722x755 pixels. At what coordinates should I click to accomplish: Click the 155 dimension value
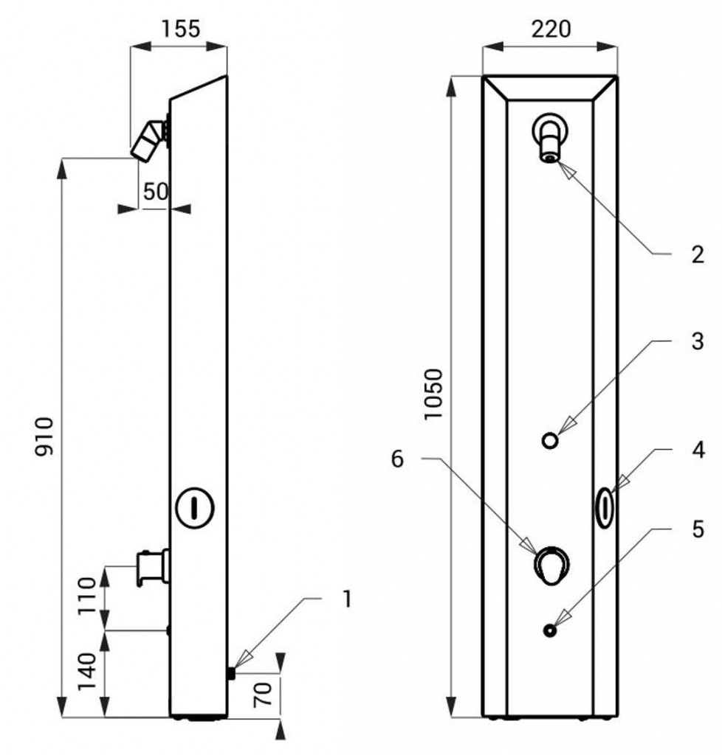(x=180, y=29)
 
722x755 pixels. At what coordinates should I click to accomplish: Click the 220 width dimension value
(x=551, y=29)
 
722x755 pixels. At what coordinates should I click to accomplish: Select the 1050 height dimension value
(x=433, y=394)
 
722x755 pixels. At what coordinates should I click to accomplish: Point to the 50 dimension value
(x=156, y=192)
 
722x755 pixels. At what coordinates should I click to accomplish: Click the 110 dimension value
(x=88, y=595)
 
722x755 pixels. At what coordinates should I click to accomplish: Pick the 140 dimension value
(x=87, y=671)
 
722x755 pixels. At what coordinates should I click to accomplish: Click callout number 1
(x=346, y=599)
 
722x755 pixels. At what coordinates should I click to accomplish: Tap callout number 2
(x=698, y=254)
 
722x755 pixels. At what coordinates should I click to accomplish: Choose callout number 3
(x=698, y=341)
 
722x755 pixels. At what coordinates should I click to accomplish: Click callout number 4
(x=698, y=450)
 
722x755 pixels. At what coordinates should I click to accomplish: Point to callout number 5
(x=698, y=529)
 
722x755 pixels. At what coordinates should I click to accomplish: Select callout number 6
(x=397, y=459)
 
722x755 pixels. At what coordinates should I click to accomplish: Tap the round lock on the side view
(x=194, y=508)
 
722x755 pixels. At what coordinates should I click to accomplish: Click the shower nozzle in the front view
(x=550, y=137)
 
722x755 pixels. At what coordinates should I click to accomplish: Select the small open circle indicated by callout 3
(x=551, y=440)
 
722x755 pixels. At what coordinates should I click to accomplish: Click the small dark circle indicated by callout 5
(x=550, y=630)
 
